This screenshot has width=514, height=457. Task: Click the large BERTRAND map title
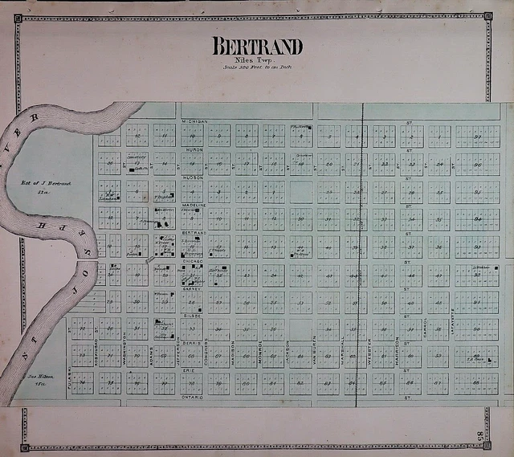point(257,46)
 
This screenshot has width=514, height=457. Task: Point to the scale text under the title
point(257,67)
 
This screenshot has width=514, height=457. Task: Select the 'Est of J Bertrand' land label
point(46,184)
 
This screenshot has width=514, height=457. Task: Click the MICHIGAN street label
point(195,121)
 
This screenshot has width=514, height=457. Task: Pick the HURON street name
point(194,149)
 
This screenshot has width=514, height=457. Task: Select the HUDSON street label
point(194,177)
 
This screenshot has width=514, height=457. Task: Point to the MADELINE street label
point(195,205)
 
